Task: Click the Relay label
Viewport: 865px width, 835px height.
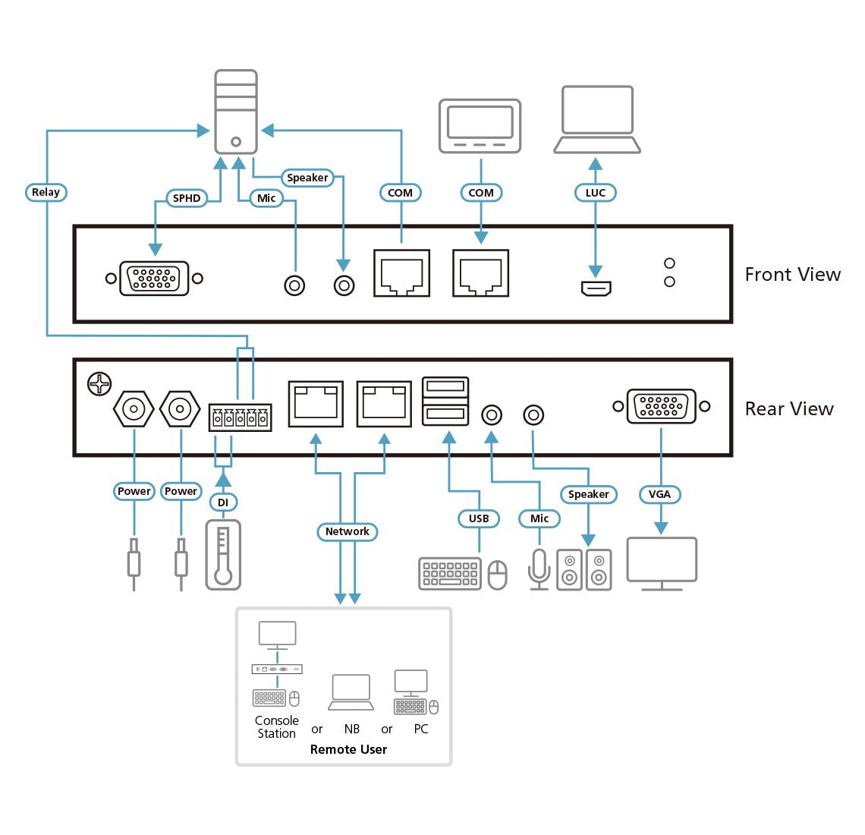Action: tap(46, 192)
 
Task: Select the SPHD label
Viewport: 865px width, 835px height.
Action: tap(187, 198)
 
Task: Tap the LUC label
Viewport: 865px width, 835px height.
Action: tap(596, 193)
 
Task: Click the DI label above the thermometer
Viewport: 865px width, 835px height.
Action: tap(222, 503)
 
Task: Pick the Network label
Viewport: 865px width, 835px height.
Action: tap(347, 531)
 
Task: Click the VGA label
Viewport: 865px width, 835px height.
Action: tap(659, 494)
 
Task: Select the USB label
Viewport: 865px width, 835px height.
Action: tap(479, 518)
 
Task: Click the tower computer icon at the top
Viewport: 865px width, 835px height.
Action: tap(236, 112)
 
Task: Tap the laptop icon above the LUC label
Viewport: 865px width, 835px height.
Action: tap(597, 119)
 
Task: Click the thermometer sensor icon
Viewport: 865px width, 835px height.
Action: tap(222, 554)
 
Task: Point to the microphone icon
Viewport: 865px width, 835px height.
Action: tap(539, 569)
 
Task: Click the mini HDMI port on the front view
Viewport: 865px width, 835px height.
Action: tap(596, 288)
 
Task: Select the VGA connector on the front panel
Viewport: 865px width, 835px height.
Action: tap(154, 279)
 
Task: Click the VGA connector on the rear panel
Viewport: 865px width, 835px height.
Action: tap(661, 406)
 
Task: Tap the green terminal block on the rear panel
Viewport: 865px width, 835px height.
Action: tap(240, 417)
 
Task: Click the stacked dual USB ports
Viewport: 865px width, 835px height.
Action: tap(445, 400)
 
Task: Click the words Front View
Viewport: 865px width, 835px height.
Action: tap(792, 275)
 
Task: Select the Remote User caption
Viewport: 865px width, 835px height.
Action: tap(348, 749)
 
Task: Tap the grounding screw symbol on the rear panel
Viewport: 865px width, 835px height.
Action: tap(99, 384)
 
